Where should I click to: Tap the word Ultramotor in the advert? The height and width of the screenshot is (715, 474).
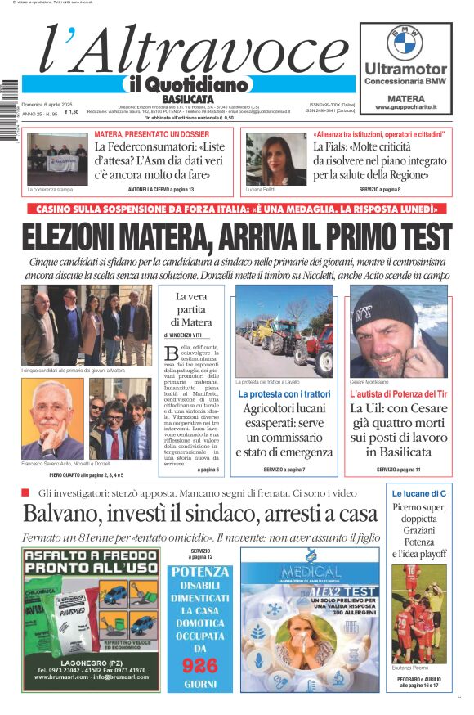405,70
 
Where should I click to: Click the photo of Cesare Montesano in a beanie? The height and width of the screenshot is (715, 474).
399,331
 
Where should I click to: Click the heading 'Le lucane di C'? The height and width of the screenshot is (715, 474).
418,494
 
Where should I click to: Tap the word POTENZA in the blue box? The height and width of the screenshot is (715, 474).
199,571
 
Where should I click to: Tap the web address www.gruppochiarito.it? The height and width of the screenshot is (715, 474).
405,107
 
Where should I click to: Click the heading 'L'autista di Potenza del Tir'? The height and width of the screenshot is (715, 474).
398,394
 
